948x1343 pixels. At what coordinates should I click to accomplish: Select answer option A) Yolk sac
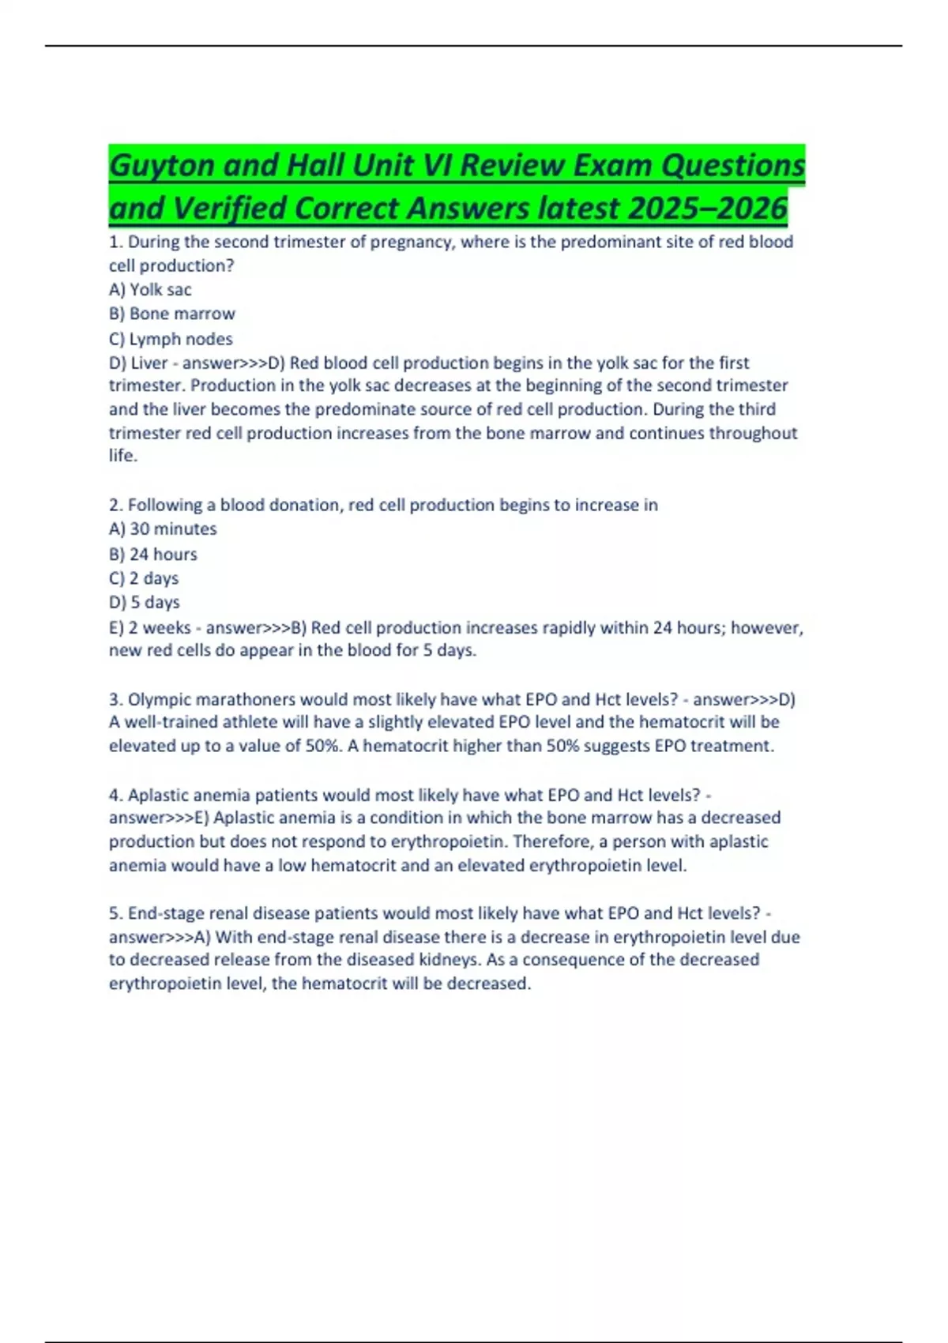click(x=150, y=290)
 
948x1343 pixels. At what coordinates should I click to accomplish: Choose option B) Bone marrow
click(x=172, y=314)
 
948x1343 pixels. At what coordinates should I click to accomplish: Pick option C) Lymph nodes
click(x=171, y=339)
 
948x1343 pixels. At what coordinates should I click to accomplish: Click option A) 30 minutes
click(x=163, y=529)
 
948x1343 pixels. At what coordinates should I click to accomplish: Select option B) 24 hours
click(x=153, y=554)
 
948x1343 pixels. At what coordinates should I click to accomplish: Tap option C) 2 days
click(x=144, y=578)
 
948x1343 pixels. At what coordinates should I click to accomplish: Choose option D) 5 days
click(x=145, y=602)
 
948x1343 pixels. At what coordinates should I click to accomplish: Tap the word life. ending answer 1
click(x=122, y=456)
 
